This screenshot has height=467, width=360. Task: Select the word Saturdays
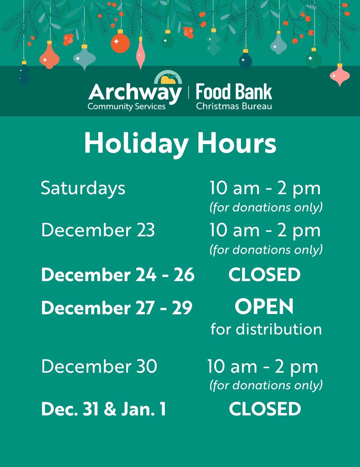[83, 189]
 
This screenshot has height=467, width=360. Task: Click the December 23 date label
[98, 230]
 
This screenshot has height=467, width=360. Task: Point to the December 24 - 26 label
[118, 275]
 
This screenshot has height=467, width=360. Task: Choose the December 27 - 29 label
[117, 308]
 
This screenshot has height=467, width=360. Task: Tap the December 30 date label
[99, 366]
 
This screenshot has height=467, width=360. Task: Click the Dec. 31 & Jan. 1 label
[103, 409]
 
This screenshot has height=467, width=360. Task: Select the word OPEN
[264, 307]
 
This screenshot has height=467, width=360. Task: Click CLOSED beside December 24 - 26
[264, 275]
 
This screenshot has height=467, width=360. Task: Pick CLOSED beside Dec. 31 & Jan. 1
[265, 409]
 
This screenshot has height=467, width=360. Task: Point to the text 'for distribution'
[266, 329]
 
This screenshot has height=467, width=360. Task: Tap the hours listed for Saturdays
[265, 188]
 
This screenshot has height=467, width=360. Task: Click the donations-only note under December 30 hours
[266, 385]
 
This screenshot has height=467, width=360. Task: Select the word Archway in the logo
[135, 93]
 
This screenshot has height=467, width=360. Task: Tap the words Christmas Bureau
[234, 106]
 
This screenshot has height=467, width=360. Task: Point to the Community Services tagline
[127, 106]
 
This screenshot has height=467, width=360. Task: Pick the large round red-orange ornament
[120, 43]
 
